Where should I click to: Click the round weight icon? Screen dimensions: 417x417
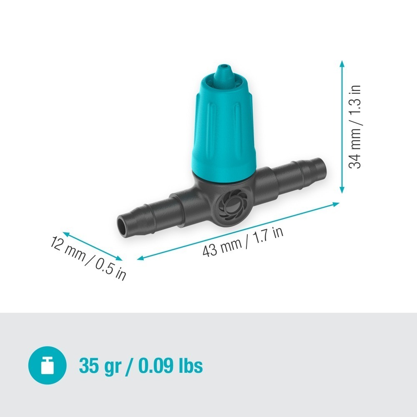coord(47,366)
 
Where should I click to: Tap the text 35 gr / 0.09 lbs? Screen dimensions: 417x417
coord(141,366)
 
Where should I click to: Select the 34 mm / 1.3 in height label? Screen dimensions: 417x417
coord(355,127)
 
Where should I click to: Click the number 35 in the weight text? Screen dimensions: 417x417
coord(88,366)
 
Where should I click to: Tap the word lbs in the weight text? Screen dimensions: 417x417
coord(188,366)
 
